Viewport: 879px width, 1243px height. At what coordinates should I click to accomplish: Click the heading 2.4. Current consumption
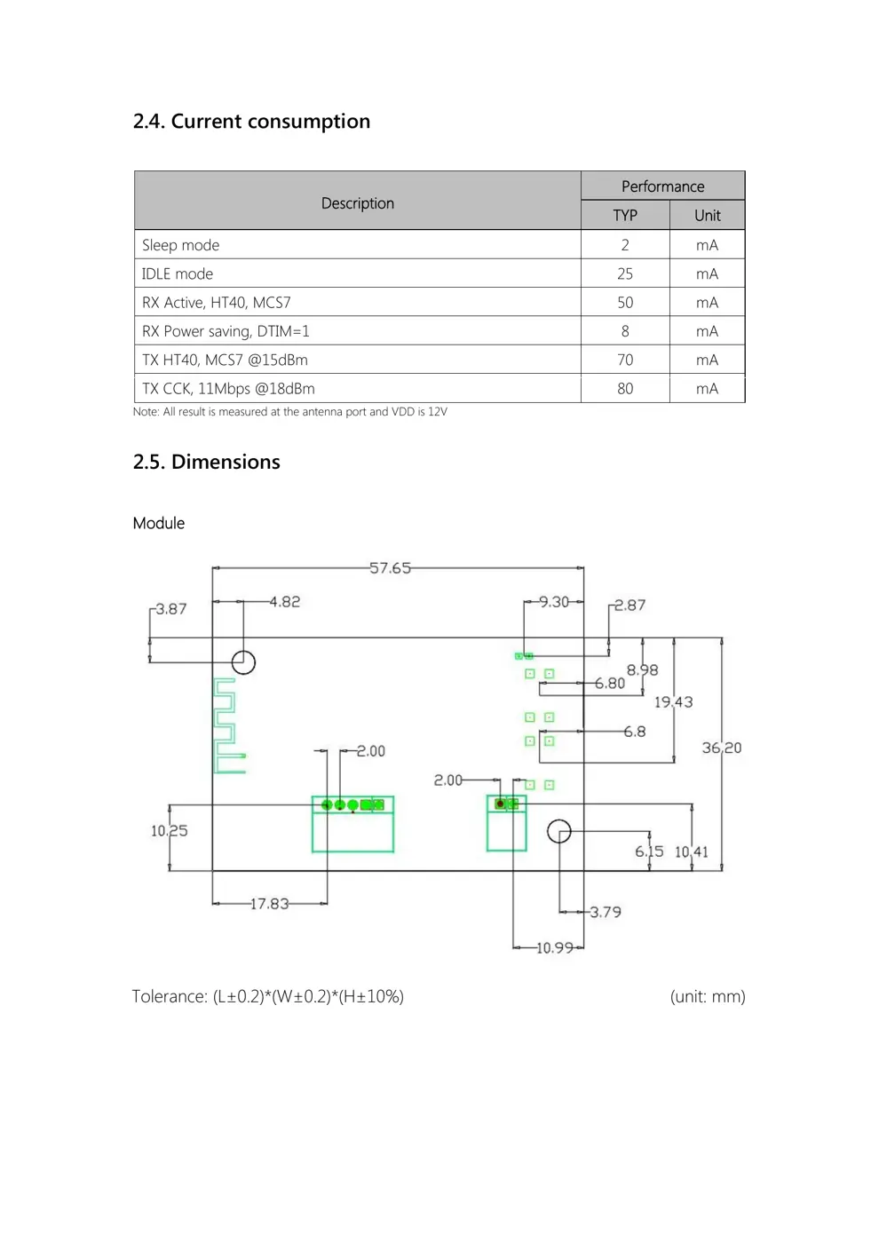[251, 122]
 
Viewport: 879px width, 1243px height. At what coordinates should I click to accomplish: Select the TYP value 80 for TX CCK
[625, 389]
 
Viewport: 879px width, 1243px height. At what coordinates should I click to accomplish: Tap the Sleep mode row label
[180, 245]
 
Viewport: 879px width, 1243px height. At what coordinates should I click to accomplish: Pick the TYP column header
[625, 216]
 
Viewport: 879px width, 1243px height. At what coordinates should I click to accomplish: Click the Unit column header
[708, 216]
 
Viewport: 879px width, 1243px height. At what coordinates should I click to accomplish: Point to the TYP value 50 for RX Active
[625, 303]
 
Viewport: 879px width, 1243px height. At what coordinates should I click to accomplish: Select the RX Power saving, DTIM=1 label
[226, 331]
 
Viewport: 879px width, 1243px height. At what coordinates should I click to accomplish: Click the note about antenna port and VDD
[289, 412]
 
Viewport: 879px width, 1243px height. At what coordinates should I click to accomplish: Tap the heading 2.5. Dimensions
[206, 463]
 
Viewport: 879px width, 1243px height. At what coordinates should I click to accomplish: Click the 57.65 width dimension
[390, 568]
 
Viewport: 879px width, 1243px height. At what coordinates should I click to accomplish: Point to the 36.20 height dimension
[721, 748]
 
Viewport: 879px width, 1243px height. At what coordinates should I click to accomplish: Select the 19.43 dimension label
[673, 702]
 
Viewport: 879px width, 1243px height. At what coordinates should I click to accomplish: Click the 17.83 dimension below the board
[269, 904]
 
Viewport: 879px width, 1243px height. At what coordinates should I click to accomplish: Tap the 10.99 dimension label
[555, 948]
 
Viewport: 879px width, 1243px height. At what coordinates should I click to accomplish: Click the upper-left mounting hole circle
[243, 662]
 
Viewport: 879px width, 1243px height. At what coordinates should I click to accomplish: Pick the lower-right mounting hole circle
[559, 832]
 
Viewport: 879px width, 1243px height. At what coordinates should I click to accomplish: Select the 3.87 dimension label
[170, 609]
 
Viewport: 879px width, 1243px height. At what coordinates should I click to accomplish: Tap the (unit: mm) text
[708, 997]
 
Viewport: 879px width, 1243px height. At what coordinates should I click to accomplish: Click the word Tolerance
[169, 997]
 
